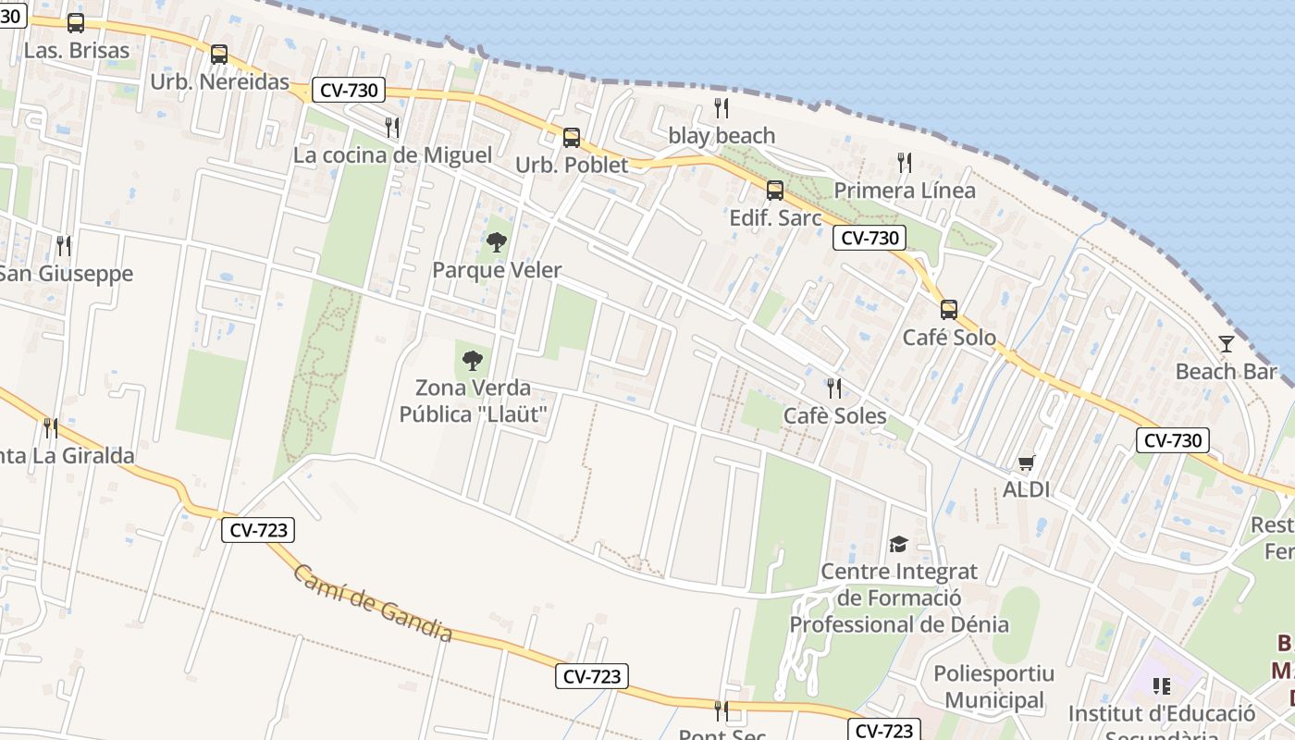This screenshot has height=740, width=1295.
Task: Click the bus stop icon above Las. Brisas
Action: (x=76, y=23)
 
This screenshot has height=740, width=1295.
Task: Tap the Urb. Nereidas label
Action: (x=220, y=81)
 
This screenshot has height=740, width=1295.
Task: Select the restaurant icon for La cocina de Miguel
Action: (x=392, y=127)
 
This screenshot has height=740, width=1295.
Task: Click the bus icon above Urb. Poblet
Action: (x=572, y=138)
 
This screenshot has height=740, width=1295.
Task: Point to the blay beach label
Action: (x=721, y=136)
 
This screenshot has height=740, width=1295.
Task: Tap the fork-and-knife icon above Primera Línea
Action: (x=905, y=163)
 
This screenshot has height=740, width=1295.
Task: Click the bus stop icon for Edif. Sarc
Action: (x=775, y=191)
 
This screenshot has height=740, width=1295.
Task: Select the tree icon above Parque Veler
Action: (x=497, y=242)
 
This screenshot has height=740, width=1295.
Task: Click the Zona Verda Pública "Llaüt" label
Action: (x=474, y=401)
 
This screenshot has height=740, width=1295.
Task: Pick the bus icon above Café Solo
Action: (x=949, y=309)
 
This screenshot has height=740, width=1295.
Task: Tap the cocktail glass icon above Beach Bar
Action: (x=1227, y=344)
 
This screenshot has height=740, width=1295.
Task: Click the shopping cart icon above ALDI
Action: (x=1026, y=462)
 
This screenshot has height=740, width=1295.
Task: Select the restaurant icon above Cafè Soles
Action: (x=834, y=388)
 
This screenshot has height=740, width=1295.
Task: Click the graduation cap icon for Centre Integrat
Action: (x=898, y=544)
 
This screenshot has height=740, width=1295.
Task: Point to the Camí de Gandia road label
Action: (x=373, y=603)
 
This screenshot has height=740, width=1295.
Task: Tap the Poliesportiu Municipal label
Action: (x=988, y=686)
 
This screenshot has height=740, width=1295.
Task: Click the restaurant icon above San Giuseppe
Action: (x=63, y=245)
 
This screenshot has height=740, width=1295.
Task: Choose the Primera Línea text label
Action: (x=905, y=191)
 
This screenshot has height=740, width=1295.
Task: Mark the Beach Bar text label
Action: (x=1226, y=372)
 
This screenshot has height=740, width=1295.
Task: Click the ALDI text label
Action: (x=1027, y=489)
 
